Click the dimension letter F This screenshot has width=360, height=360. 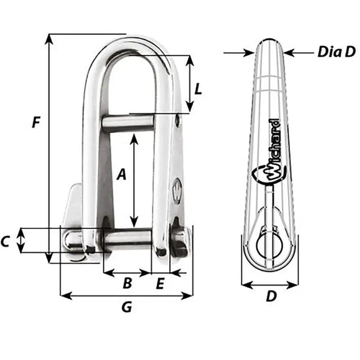pos(36,121)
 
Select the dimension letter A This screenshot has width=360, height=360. pos(121,175)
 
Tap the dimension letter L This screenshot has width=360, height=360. pos(197,88)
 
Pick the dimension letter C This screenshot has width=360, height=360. pos(6,242)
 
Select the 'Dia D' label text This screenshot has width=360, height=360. pos(336,52)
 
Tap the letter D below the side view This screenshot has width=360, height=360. pos(271,296)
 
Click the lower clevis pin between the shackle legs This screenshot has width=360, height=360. pos(127,239)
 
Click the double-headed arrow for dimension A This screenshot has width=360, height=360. pos(134,180)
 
